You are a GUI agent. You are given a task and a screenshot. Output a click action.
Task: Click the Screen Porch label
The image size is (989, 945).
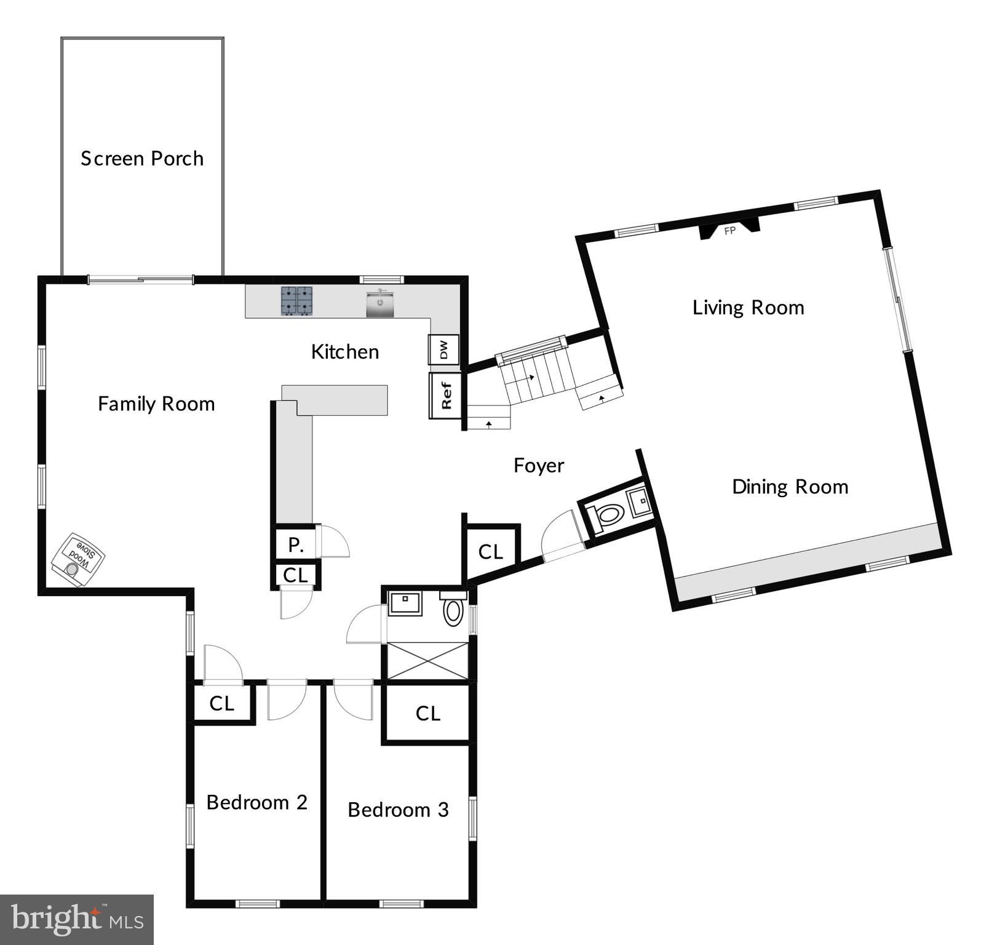pos(142,159)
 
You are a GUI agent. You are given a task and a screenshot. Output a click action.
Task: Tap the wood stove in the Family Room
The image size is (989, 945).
pos(77,559)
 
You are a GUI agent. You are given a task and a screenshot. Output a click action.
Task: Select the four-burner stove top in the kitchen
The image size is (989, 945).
pos(298,301)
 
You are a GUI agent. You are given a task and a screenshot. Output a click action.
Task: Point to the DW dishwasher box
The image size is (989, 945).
pos(444,350)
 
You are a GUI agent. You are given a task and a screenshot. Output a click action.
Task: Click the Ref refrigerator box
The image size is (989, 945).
pos(445,396)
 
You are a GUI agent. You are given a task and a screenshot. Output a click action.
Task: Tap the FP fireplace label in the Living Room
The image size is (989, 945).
pos(730,231)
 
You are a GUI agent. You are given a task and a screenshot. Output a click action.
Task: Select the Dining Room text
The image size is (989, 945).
pos(790,487)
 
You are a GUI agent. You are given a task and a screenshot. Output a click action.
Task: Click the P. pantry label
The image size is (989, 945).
pos(296,544)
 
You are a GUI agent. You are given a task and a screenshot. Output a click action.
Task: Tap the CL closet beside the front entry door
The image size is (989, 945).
pos(491,552)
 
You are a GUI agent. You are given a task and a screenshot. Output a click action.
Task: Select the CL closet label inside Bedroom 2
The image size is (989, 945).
pos(222,703)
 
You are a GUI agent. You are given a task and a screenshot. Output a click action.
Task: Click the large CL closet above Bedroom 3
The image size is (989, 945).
pos(428,714)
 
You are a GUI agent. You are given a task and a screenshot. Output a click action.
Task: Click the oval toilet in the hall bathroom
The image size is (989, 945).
pos(453,612)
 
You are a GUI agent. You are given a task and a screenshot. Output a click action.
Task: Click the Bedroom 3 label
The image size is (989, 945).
pos(398,810)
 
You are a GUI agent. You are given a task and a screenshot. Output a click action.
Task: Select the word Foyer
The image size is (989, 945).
pos(539,466)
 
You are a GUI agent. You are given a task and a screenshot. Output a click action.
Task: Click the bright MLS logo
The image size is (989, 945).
pos(76,919)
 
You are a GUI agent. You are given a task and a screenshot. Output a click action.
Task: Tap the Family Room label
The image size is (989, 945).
pos(156,404)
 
